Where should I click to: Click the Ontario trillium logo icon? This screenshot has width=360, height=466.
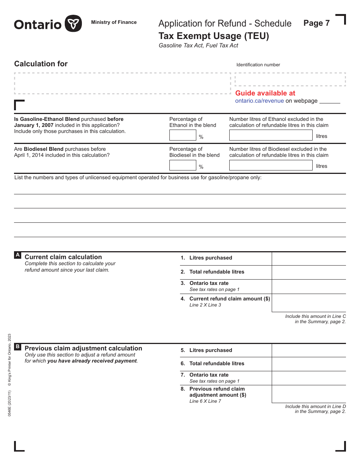point(73,24)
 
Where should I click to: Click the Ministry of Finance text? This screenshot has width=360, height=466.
point(114,22)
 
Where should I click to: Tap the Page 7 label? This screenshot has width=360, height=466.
point(316,23)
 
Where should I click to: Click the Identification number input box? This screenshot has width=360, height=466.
point(290,80)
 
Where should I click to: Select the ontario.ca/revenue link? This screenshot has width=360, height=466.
point(259,101)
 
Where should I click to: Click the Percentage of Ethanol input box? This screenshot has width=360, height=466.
point(183,135)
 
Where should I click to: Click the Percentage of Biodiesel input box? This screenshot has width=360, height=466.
point(183,165)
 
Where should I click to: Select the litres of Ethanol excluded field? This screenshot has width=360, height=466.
point(271,135)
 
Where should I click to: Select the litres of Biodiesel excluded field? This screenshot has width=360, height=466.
point(271,165)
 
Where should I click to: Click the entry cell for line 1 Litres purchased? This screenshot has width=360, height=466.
point(308,258)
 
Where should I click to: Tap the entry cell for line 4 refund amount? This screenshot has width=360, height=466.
point(308,302)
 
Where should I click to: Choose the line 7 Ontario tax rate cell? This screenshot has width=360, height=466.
point(308,378)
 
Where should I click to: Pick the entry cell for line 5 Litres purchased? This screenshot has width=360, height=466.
point(308,350)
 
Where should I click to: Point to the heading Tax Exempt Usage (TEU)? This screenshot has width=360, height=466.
point(214,36)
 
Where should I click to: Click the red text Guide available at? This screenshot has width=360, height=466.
point(265,93)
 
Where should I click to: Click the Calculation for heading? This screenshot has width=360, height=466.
point(41,64)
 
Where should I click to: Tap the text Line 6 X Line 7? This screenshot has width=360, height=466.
point(205,401)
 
